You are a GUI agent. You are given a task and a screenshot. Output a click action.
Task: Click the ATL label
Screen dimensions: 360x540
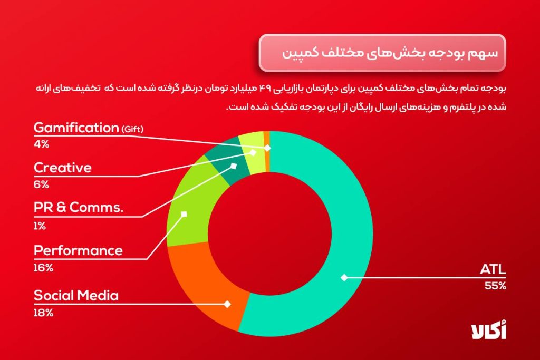(493, 269)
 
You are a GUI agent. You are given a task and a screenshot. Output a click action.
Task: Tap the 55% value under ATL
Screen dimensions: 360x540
(495, 286)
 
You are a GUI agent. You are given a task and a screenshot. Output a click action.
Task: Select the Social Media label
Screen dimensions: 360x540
(76, 296)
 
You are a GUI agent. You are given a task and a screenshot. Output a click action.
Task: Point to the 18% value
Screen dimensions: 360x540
(43, 313)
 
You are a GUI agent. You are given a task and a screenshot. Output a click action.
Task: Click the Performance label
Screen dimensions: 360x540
(78, 250)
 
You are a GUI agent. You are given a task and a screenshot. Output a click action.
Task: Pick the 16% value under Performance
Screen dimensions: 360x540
(43, 268)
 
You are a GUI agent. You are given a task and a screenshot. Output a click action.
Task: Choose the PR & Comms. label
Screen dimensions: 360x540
(79, 208)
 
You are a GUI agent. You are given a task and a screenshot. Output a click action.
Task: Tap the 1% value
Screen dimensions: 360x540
(40, 226)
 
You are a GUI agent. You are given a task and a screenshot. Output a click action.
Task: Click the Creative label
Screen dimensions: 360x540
(62, 168)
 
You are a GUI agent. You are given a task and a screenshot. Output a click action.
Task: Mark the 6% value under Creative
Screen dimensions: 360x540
(41, 184)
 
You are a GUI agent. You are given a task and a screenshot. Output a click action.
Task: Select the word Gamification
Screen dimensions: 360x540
(76, 128)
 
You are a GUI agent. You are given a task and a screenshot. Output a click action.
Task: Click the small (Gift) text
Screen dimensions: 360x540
(132, 129)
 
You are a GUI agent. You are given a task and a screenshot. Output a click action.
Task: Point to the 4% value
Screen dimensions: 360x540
(41, 144)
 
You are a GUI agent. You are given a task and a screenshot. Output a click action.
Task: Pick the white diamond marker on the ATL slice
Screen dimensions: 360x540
(343, 277)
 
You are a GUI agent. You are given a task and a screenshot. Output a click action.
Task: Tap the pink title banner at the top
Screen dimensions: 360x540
(382, 53)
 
